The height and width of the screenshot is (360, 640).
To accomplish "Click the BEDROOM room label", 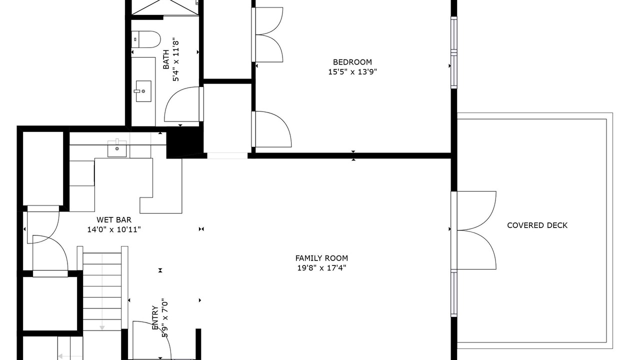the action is (352, 62).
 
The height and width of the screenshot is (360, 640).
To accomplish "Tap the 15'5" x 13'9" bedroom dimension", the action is (352, 71).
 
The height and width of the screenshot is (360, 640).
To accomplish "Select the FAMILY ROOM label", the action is (321, 258).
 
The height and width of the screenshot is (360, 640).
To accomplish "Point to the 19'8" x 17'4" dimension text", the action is (321, 268).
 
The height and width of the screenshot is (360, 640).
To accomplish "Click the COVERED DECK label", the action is (537, 225).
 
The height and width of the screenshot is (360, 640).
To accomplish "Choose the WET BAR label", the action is (114, 220).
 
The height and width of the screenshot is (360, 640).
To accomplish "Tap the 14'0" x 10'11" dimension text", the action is (114, 229).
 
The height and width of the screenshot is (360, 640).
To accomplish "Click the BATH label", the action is (166, 59).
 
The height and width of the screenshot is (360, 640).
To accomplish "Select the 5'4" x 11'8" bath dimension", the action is (175, 61).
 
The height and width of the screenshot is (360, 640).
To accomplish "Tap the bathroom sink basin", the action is (143, 91).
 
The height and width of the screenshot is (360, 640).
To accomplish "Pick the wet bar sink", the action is (117, 148).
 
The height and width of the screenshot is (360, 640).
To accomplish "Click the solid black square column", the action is (184, 142).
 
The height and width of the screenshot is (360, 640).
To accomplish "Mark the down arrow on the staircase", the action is (102, 327).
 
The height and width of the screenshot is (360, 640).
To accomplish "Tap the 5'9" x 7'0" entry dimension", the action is (165, 318).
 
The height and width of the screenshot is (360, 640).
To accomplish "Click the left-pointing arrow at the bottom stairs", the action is (60, 356).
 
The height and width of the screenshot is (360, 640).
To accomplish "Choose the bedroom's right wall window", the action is (453, 52).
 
